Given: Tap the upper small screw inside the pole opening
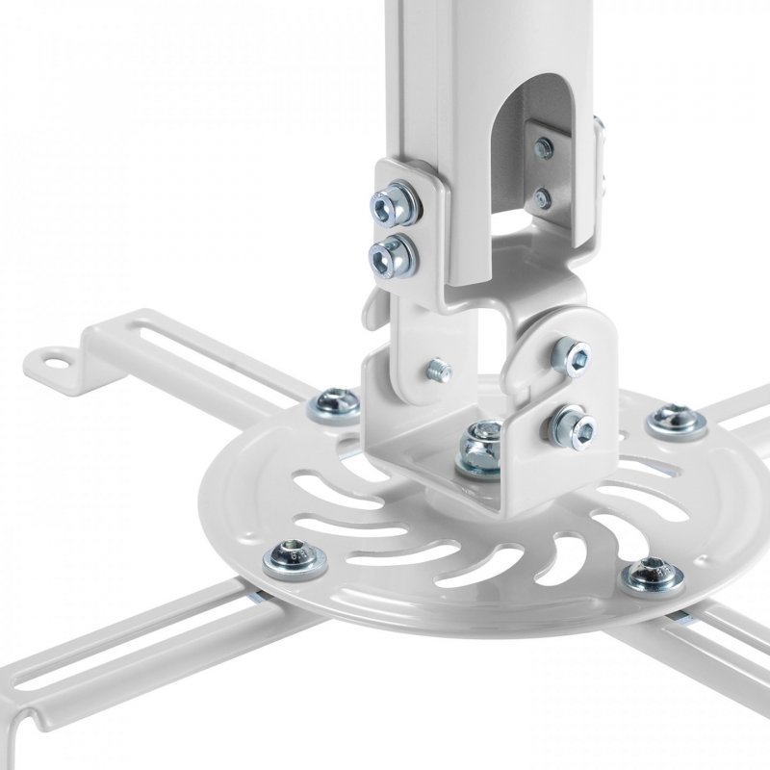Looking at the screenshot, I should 545,148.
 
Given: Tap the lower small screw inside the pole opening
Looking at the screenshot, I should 543,199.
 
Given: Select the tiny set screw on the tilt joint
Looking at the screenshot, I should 439,367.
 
